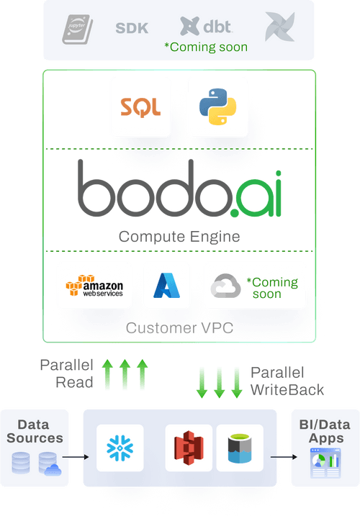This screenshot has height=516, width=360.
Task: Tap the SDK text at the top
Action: point(132,29)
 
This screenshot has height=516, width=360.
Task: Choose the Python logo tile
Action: point(217,107)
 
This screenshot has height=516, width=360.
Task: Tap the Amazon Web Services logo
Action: point(94,285)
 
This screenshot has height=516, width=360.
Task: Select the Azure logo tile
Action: point(166,285)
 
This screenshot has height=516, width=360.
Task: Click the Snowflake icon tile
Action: point(120,448)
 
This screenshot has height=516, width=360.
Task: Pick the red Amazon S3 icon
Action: point(189,448)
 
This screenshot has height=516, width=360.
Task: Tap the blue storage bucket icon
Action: point(238,448)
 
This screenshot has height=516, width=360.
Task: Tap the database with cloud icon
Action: point(50,463)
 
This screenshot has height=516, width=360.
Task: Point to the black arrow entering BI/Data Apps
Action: point(284,456)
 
